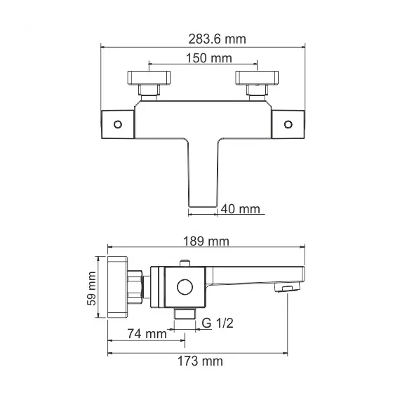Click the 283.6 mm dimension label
click(x=204, y=39)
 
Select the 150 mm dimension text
click(x=203, y=58)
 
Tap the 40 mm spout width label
click(x=241, y=208)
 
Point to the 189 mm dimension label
click(x=207, y=241)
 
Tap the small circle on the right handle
click(x=287, y=124)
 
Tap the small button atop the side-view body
click(x=185, y=264)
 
